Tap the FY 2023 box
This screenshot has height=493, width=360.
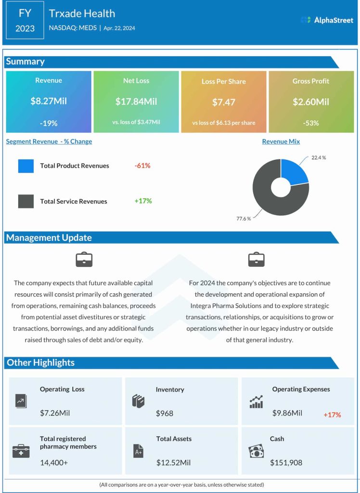(25, 21)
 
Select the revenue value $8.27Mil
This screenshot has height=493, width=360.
(49, 102)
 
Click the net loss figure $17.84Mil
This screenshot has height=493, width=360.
(136, 102)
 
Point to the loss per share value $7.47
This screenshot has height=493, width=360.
(224, 102)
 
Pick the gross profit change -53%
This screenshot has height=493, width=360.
(311, 123)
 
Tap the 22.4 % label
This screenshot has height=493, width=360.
(318, 157)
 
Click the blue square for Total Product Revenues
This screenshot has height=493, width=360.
(26, 166)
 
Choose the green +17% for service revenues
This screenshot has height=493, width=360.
(143, 201)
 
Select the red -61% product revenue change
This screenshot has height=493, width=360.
(142, 166)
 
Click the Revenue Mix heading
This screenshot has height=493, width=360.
(281, 142)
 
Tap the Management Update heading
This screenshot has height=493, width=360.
(49, 237)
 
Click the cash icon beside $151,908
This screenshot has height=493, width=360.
(256, 451)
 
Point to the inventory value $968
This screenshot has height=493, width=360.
(164, 413)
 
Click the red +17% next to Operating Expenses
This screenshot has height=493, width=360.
(332, 415)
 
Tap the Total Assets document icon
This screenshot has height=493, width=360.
(138, 451)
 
